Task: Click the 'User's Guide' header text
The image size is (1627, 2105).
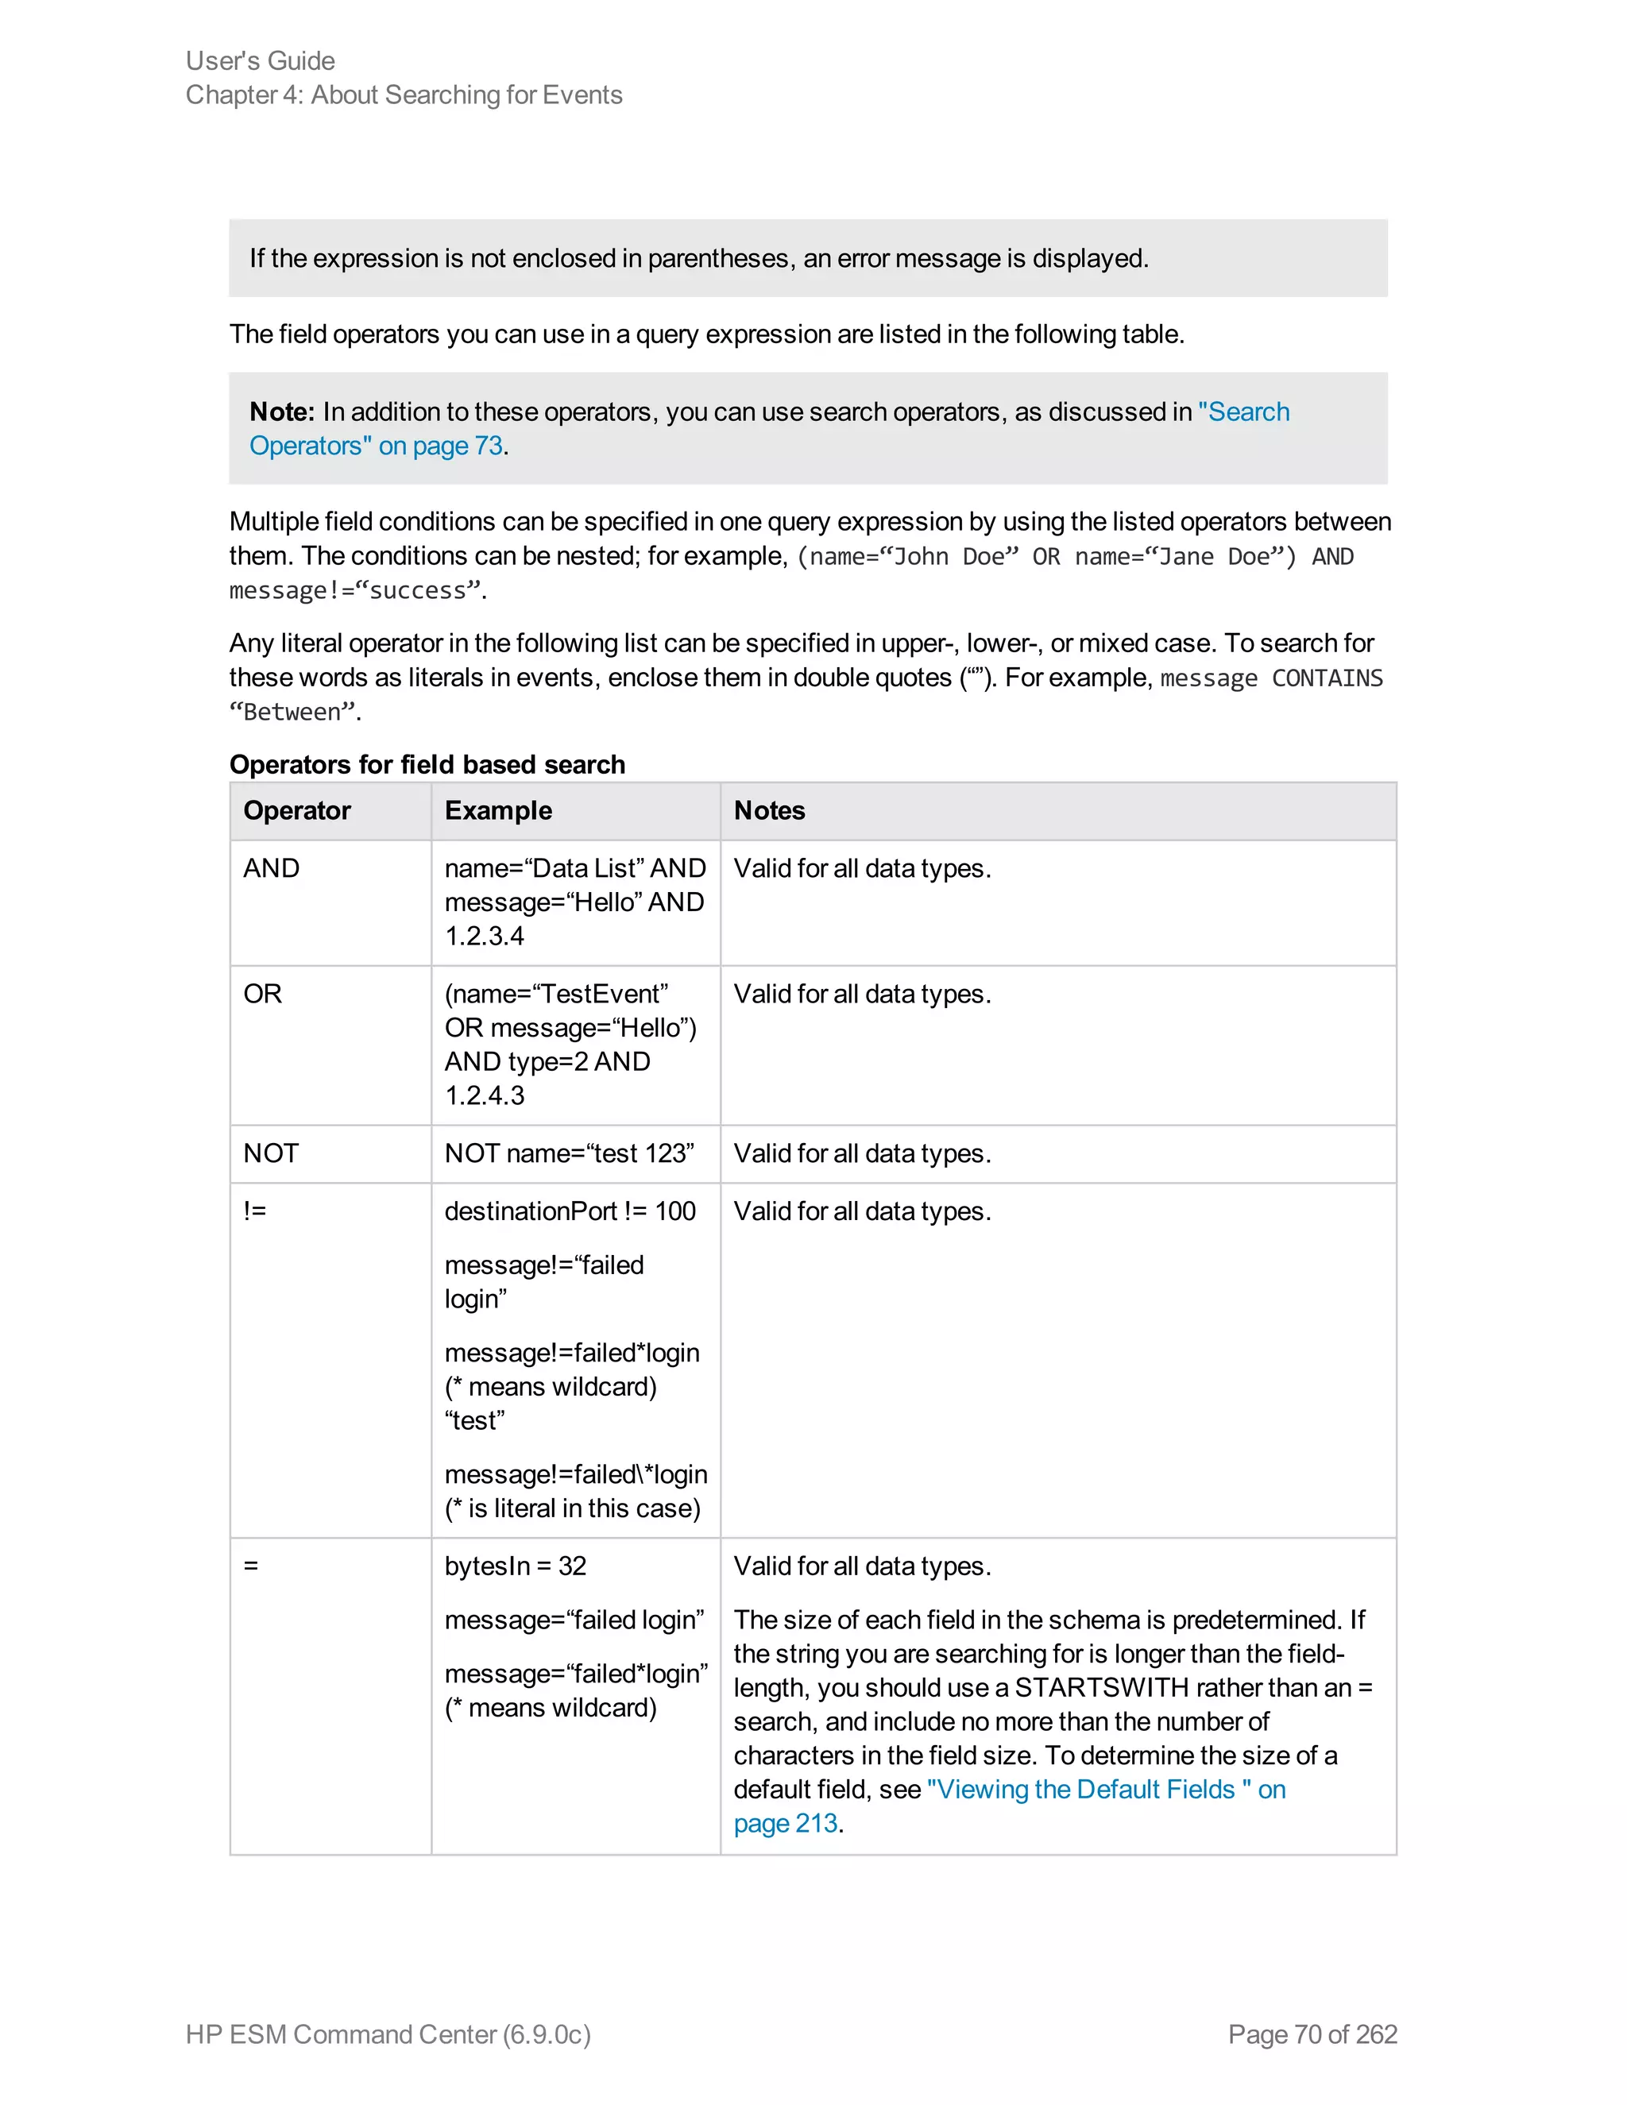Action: (x=261, y=60)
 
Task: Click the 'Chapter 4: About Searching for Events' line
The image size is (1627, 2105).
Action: (x=404, y=95)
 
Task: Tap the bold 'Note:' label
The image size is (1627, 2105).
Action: (x=281, y=411)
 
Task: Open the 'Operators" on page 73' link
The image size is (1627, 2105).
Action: (x=376, y=446)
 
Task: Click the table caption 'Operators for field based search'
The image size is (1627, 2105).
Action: (x=427, y=764)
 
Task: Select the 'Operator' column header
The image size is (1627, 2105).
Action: (x=297, y=810)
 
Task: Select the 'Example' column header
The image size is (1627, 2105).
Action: (x=498, y=810)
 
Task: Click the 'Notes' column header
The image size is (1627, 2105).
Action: (x=769, y=810)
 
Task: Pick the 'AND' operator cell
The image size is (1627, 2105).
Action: (x=272, y=868)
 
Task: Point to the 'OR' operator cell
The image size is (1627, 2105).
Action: (x=262, y=994)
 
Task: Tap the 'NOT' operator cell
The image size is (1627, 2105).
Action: (x=271, y=1153)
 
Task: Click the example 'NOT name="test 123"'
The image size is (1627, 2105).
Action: (x=569, y=1153)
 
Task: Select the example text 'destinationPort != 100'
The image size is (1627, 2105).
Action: (x=570, y=1211)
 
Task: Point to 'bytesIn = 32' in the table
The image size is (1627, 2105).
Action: (x=515, y=1566)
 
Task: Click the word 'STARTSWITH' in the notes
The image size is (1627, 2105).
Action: (x=1101, y=1688)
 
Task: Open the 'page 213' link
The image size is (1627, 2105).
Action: (x=786, y=1824)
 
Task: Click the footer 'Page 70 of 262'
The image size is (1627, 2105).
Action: (x=1312, y=2034)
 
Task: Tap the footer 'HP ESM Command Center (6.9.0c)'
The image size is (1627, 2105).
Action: (x=388, y=2034)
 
